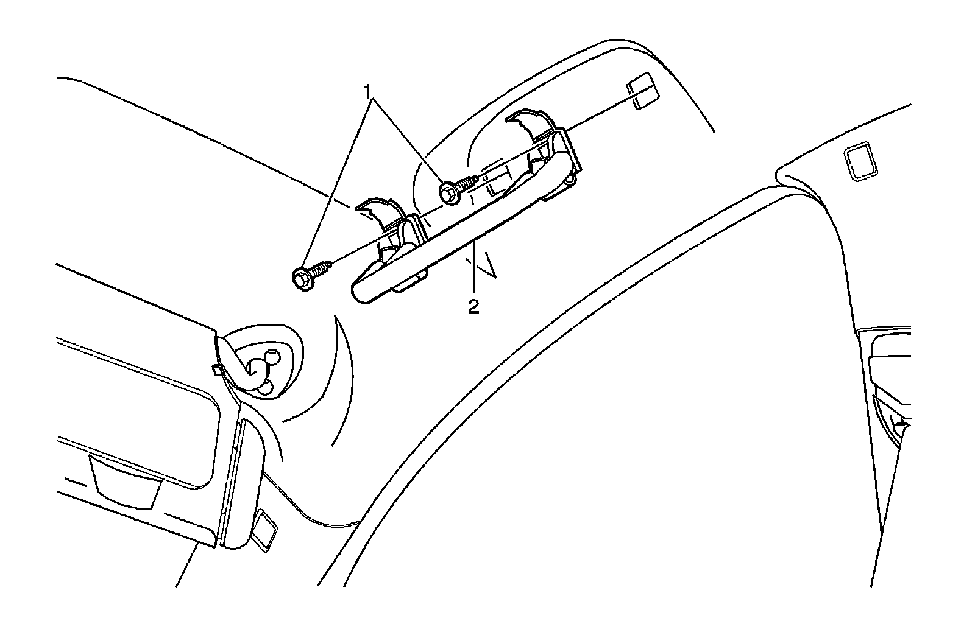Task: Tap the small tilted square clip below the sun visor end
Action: (265, 530)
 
